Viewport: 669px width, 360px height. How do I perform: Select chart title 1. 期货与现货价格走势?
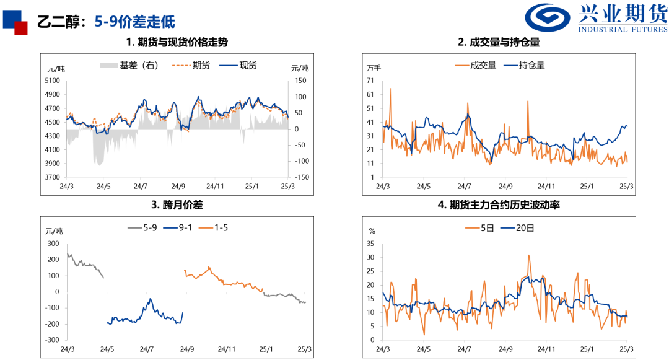(x=177, y=43)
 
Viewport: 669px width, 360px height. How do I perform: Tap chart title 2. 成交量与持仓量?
(x=499, y=43)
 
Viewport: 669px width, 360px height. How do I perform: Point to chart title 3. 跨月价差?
(x=177, y=204)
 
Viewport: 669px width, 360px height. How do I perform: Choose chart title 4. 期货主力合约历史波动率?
(x=499, y=204)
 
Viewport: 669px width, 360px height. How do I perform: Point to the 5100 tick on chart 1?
(x=52, y=81)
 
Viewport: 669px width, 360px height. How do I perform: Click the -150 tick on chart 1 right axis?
(x=302, y=177)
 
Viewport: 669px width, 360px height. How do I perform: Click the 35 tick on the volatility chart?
(x=371, y=243)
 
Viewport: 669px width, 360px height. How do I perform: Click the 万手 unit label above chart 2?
(x=374, y=68)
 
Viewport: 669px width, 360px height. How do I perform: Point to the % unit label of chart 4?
(x=372, y=230)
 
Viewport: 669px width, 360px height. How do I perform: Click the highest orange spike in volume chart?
(x=391, y=89)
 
